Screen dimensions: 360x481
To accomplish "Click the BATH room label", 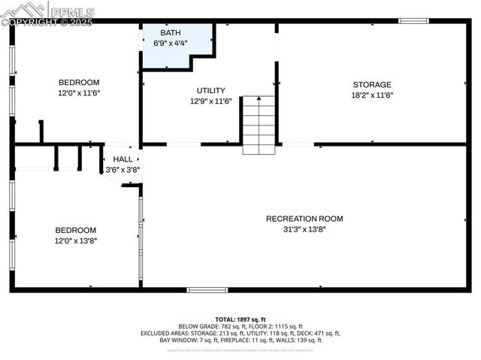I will click(171, 33).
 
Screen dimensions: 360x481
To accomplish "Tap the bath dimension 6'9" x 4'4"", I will click(171, 44).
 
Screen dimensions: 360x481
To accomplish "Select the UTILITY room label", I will click(210, 90).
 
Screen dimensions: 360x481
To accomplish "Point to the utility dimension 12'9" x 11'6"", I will click(210, 101).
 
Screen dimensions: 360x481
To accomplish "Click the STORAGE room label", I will click(372, 85).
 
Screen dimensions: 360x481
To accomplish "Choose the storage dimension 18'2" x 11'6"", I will click(372, 95).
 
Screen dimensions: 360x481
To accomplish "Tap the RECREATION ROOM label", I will click(304, 219).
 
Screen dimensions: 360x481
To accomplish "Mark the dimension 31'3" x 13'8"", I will click(304, 229).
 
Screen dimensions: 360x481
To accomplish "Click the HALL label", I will click(123, 159).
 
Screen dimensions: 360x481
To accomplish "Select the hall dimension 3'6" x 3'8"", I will click(123, 170).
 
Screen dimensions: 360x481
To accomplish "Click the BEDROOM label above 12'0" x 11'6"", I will click(79, 83).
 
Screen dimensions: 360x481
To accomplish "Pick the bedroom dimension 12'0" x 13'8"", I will click(75, 241).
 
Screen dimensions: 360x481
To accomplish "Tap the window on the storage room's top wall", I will click(413, 21).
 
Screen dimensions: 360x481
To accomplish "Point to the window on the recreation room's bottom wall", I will click(207, 289).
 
